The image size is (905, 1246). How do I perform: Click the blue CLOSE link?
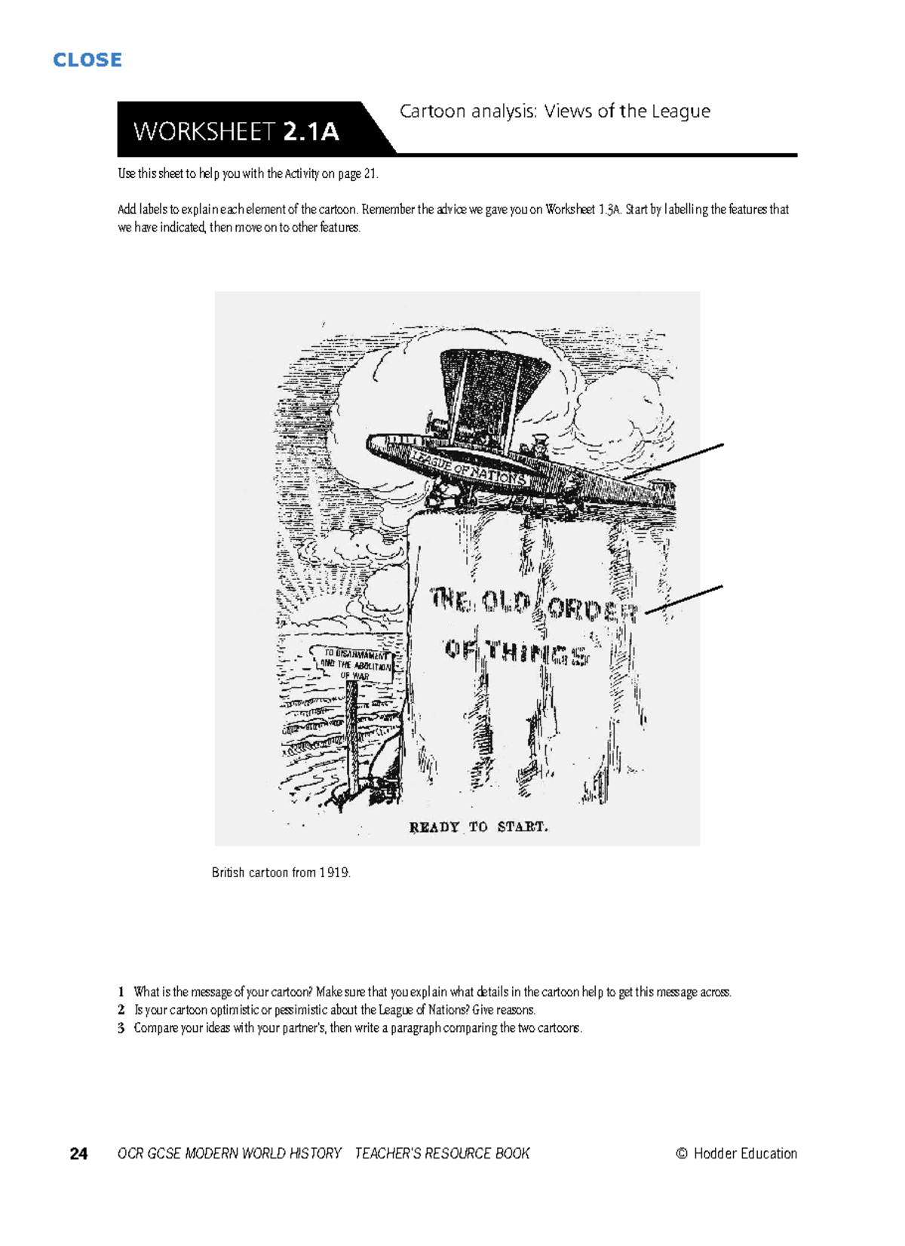(87, 60)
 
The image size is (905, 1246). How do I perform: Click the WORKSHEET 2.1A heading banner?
(236, 132)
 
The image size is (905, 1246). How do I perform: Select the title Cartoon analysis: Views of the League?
(554, 112)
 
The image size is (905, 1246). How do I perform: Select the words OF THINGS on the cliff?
(516, 652)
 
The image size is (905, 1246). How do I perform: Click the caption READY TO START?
(478, 827)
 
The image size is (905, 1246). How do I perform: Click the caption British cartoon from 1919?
(281, 873)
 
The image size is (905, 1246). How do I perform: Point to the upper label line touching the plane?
(675, 461)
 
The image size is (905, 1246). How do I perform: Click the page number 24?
(78, 1154)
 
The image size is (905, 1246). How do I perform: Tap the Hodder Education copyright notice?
(736, 1153)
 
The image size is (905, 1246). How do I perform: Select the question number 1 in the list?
(121, 992)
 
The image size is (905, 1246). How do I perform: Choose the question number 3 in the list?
(121, 1028)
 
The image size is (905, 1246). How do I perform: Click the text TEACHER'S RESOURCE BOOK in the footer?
(442, 1153)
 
